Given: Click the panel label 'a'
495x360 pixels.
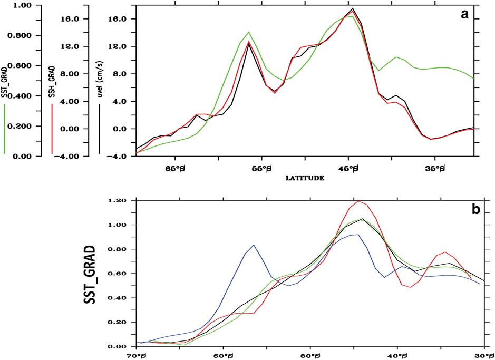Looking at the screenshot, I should (464, 15).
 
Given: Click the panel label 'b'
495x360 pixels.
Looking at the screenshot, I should (475, 209).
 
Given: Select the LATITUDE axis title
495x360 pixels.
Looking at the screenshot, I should (305, 178).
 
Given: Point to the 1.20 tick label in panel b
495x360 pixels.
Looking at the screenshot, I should (120, 201).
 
